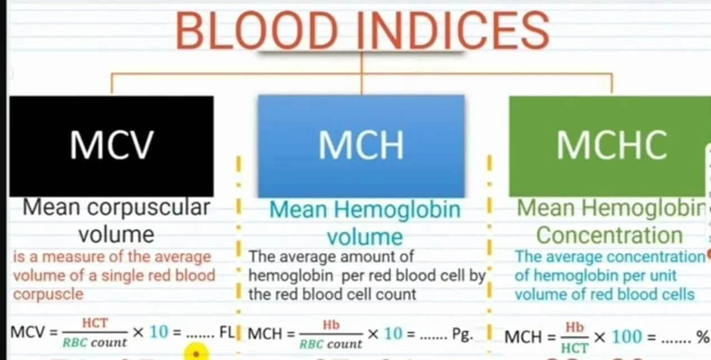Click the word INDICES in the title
point(453,30)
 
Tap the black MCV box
point(112,146)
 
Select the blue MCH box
point(361,146)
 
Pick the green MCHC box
point(610,146)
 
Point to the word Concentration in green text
point(610,236)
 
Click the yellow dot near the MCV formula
point(196,352)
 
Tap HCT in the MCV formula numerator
point(95,323)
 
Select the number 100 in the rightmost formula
point(626,336)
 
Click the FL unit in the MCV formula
point(227,333)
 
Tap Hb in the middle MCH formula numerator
point(331,325)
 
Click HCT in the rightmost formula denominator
point(575,348)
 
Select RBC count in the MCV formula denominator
point(95,342)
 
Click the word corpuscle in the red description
point(48,294)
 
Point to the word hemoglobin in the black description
point(291,275)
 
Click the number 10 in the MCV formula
point(159,332)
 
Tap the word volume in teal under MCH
point(365,237)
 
